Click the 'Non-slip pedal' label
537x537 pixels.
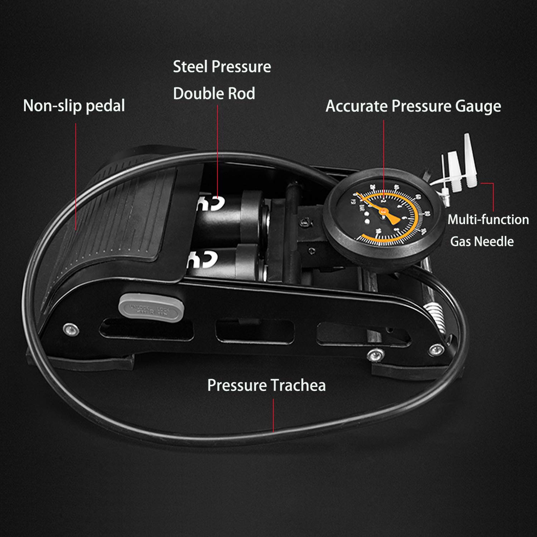74,106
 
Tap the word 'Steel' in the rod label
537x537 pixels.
190,67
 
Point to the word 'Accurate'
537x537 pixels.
357,106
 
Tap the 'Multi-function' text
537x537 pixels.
488,219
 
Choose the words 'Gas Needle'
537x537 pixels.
482,241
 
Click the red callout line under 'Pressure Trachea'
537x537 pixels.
274,415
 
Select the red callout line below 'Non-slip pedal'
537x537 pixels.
76,175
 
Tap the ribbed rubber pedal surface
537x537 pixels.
118,229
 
